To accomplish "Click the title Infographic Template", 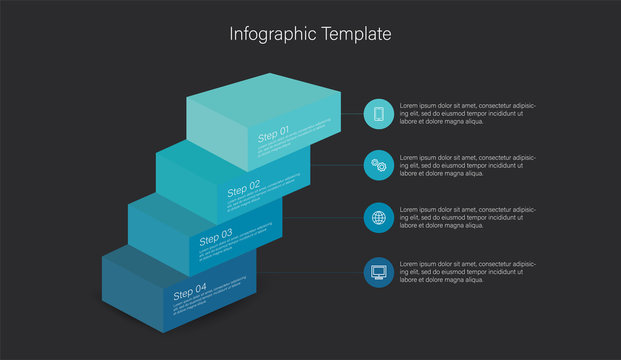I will point(310,34).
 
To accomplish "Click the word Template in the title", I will point(356,34).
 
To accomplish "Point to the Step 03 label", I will point(216,238).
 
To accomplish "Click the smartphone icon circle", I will point(378,114).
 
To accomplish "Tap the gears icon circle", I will point(378,166).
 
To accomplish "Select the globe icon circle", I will point(378,218).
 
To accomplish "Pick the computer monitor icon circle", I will point(378,271).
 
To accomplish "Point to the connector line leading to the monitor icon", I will point(310,271).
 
